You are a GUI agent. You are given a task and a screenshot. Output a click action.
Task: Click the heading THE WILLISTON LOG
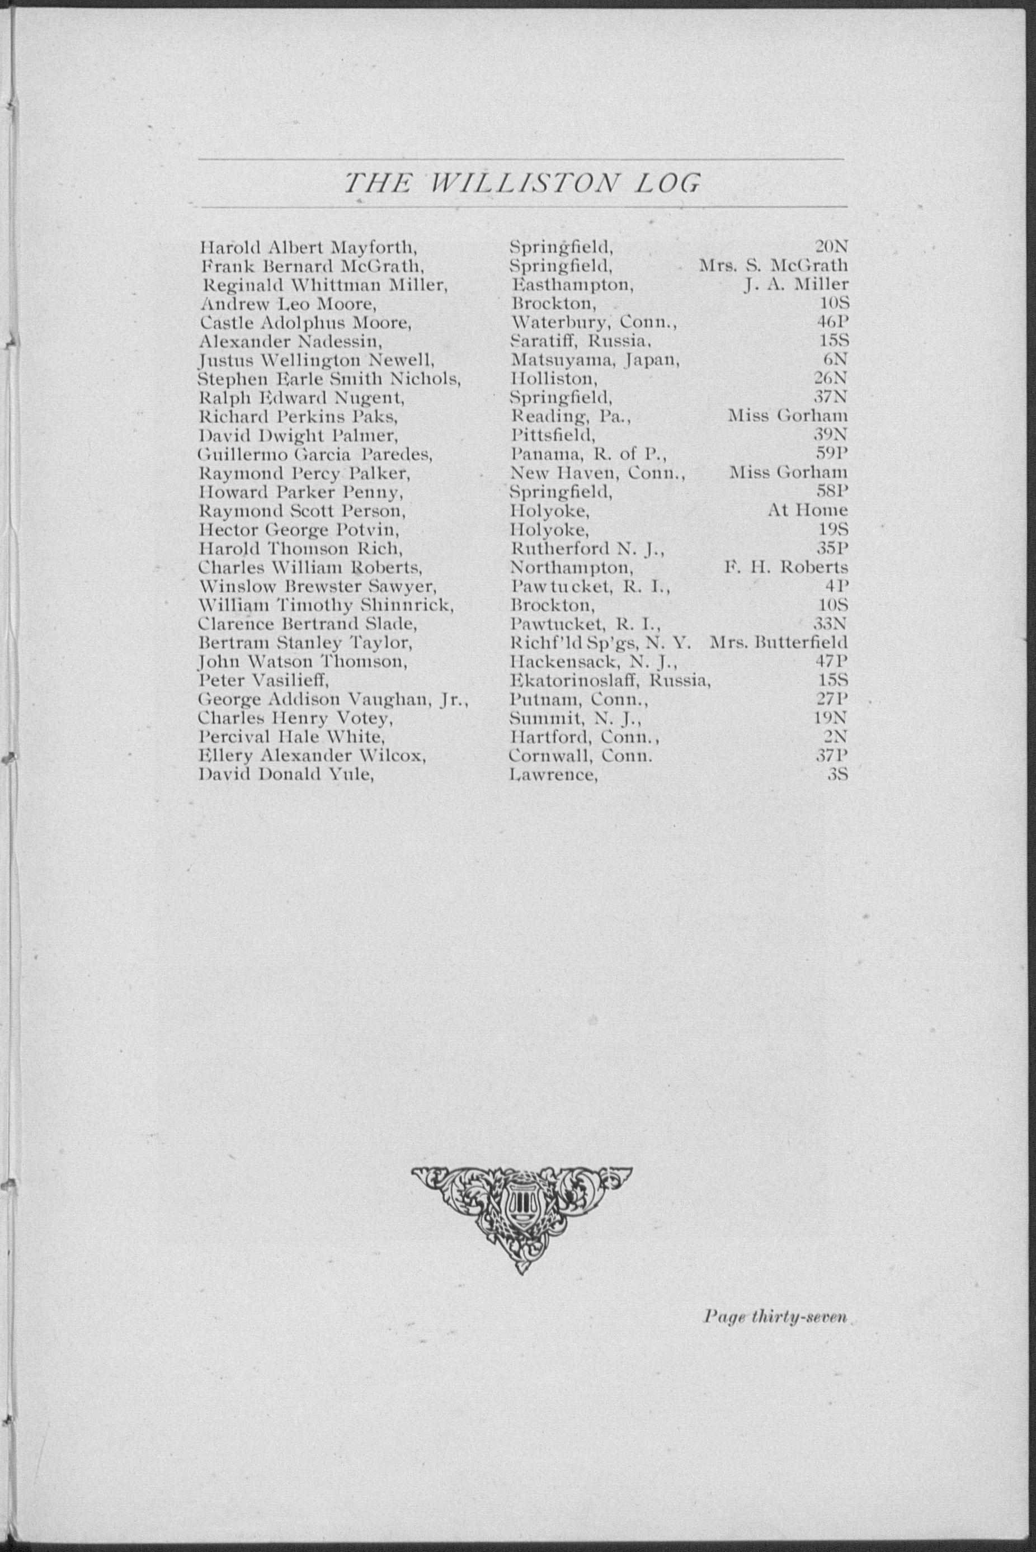(521, 183)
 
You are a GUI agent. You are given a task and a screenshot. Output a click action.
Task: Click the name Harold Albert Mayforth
(309, 248)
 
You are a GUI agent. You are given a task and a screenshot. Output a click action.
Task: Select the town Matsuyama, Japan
(595, 360)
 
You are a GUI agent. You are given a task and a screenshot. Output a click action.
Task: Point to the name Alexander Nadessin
(291, 341)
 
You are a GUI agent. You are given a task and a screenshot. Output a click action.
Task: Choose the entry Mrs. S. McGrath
(773, 266)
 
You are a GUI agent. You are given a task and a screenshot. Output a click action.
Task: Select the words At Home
(807, 511)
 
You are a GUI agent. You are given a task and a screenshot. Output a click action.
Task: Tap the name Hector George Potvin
(299, 530)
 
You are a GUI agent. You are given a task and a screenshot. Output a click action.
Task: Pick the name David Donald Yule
(286, 774)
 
